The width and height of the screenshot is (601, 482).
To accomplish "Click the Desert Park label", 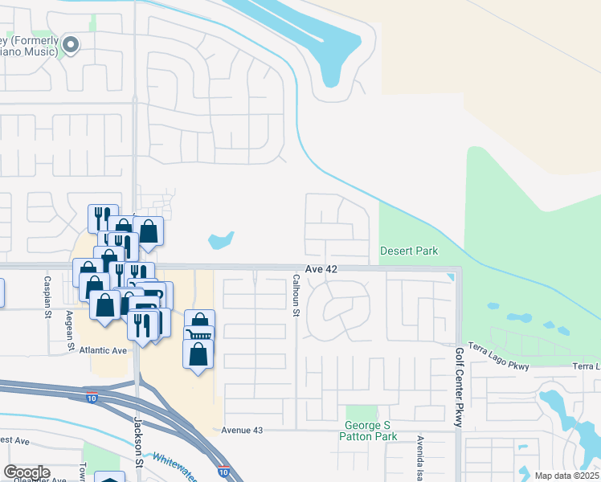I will pyautogui.click(x=409, y=251).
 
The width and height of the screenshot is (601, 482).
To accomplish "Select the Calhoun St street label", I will pyautogui.click(x=296, y=295).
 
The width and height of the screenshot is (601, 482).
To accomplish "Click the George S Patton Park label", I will pyautogui.click(x=370, y=431).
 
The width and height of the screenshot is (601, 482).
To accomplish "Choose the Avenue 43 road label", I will pyautogui.click(x=243, y=431).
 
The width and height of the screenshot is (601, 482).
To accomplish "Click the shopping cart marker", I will pyautogui.click(x=199, y=333).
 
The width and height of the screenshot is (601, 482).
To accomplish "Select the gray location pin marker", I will pyautogui.click(x=71, y=45).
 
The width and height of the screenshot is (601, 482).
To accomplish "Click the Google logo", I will pyautogui.click(x=26, y=472).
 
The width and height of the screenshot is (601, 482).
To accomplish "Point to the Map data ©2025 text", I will pyautogui.click(x=566, y=476).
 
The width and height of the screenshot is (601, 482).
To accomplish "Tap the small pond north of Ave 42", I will pyautogui.click(x=220, y=239).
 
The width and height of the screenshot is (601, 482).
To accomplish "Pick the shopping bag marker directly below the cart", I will pyautogui.click(x=198, y=353).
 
